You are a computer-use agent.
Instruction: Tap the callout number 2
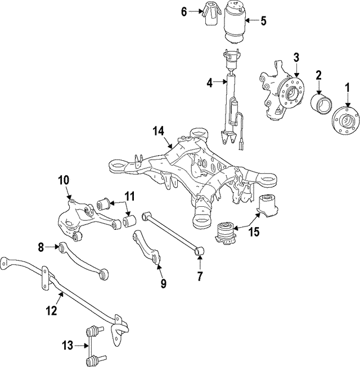coord(318,74)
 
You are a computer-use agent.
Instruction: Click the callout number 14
coord(158,132)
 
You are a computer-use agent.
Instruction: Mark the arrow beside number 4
coord(220,83)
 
